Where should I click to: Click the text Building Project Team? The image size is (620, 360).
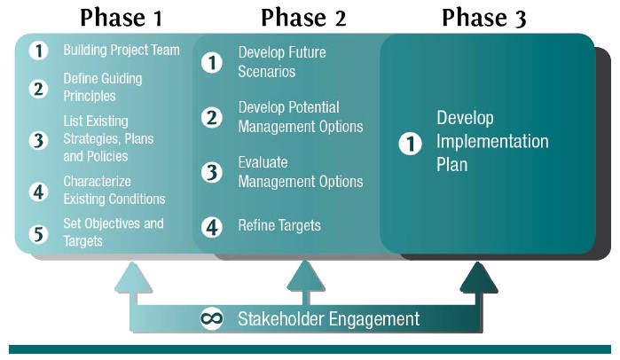(121, 51)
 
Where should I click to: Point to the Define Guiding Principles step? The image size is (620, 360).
(102, 87)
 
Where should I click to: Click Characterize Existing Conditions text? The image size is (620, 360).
(114, 191)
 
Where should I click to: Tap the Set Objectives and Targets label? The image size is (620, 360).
(113, 231)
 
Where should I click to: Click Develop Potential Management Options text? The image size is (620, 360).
(300, 117)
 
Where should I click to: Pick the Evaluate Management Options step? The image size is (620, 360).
(300, 172)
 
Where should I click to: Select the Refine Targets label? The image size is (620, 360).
(279, 226)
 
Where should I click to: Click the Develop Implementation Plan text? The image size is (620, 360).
(492, 142)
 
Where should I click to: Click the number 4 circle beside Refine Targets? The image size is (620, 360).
(212, 226)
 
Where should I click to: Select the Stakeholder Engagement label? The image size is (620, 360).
(328, 318)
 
